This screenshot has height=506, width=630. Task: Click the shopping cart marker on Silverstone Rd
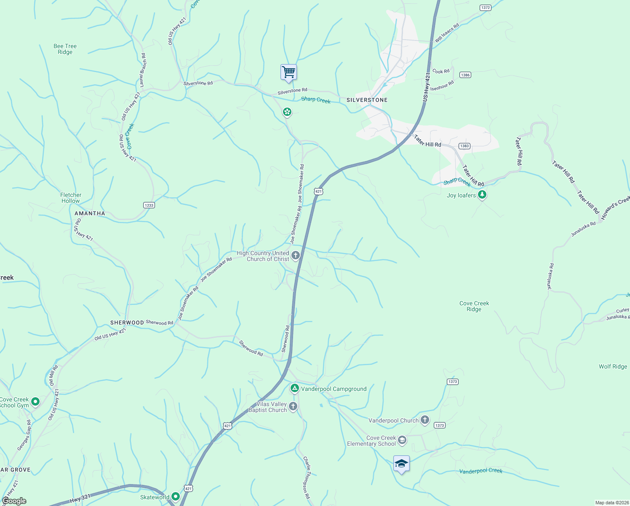[x=288, y=73]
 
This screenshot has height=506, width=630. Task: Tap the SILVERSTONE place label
[x=367, y=100]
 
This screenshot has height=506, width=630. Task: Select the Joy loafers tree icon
[x=483, y=195]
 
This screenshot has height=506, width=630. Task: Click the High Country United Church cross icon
[x=296, y=255]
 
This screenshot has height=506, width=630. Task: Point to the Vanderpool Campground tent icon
[x=295, y=388]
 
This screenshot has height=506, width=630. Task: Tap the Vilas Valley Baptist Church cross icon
[x=293, y=406]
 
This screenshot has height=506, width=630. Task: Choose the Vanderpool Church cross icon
[x=425, y=420]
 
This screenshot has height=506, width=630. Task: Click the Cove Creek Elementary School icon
[x=402, y=440]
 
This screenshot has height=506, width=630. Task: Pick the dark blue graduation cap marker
[x=401, y=464]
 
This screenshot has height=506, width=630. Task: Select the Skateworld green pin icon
[x=175, y=497]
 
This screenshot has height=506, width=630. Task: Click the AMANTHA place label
[x=90, y=213]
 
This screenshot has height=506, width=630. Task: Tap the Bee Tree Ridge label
[x=65, y=49]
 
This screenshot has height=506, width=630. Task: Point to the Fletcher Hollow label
[x=71, y=198]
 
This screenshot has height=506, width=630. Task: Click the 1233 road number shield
[x=149, y=205]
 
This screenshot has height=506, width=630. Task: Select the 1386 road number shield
[x=465, y=75]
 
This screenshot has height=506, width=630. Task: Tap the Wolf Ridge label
[x=613, y=366]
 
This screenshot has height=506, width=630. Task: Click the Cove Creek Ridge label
[x=474, y=306]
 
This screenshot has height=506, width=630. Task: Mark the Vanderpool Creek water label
[x=481, y=471]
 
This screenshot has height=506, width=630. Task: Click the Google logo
[x=14, y=501]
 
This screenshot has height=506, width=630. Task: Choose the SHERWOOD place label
[x=127, y=323]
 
